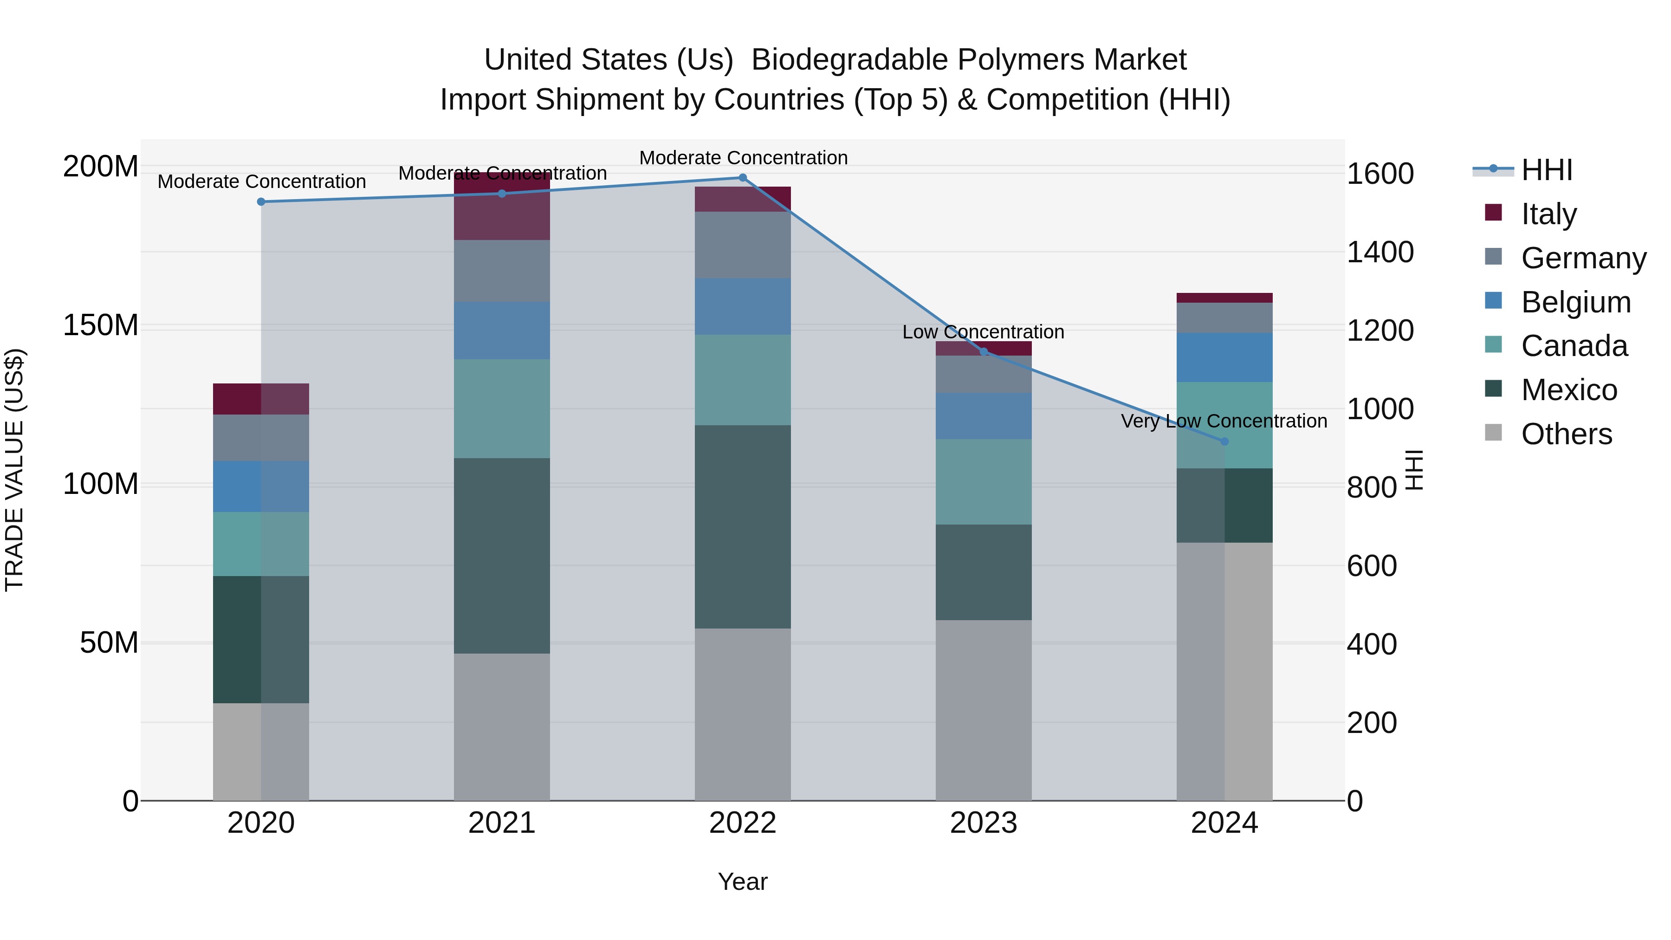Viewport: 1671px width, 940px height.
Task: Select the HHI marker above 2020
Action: click(x=261, y=202)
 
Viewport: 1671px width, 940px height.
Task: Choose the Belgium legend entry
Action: click(x=1575, y=302)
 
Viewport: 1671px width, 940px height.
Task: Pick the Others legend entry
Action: click(x=1566, y=434)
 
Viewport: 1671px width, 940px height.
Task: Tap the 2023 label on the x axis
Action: click(x=984, y=823)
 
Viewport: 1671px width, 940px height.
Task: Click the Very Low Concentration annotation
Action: click(x=1224, y=421)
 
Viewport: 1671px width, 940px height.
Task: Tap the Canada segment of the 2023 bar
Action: click(x=984, y=481)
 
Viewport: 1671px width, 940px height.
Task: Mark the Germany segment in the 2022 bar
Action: click(x=743, y=245)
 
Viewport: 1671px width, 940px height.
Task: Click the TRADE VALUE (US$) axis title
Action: click(x=15, y=470)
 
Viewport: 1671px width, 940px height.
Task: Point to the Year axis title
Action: click(x=742, y=882)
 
